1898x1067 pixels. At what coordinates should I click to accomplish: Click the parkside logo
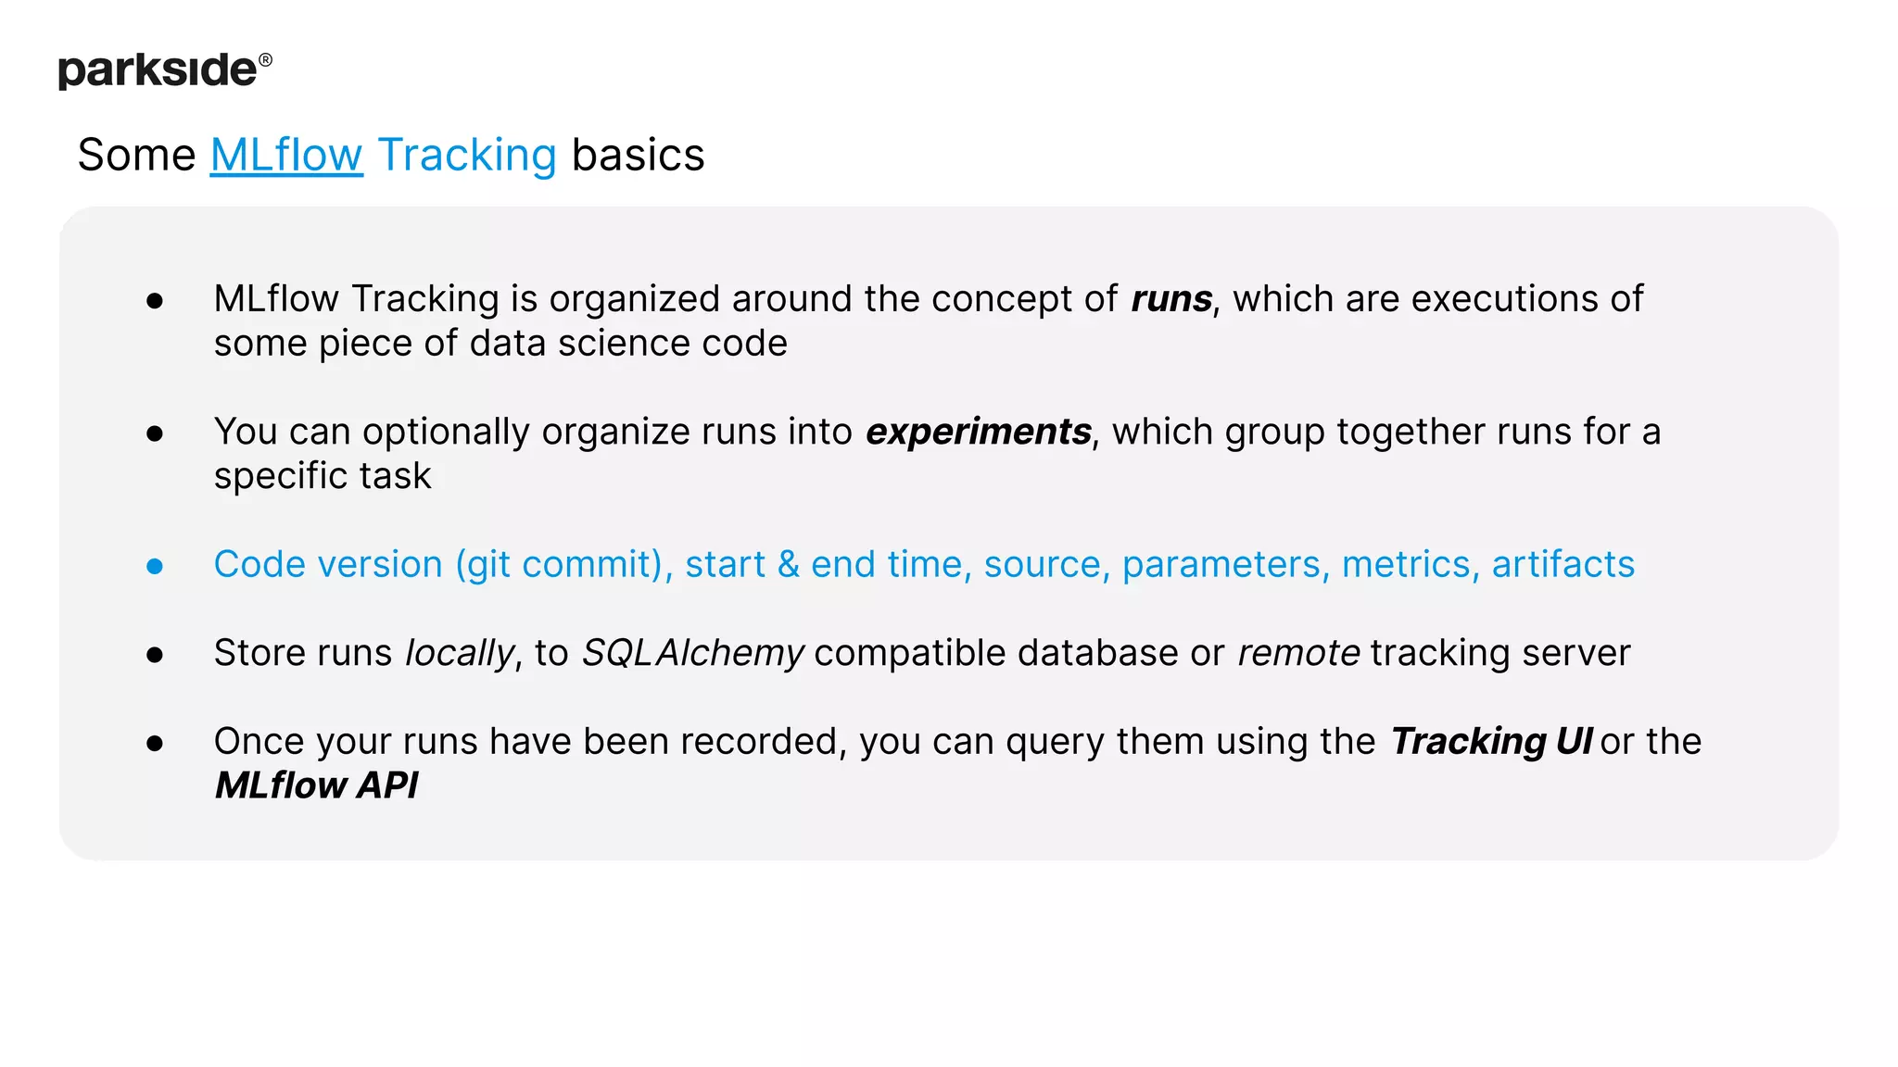tap(158, 70)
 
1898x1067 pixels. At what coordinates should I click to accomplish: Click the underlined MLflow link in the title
tap(286, 155)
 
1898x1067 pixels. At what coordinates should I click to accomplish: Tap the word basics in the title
tap(638, 155)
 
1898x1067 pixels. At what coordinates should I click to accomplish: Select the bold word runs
tap(1170, 299)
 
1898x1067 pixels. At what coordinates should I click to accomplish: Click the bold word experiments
tap(978, 432)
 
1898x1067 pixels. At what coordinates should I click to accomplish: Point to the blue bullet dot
tap(155, 566)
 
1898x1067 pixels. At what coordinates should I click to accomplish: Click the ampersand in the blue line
tap(788, 565)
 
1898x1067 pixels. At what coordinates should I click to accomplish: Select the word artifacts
tap(1563, 565)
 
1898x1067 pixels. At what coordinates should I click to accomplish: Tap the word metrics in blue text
tap(1406, 565)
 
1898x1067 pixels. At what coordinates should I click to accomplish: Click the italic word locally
tap(460, 654)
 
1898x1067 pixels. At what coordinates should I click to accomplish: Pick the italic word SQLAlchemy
tap(692, 654)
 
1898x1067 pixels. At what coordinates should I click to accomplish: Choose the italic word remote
tap(1298, 653)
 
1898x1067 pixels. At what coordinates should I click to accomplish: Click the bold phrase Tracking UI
tap(1490, 742)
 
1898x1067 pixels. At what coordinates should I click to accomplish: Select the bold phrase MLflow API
tap(316, 785)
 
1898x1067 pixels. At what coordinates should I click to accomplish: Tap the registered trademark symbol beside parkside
tap(265, 60)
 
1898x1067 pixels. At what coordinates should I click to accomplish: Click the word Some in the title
tap(136, 155)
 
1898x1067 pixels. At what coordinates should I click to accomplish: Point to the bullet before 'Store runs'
tap(155, 655)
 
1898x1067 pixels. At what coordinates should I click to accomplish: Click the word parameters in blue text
tap(1221, 565)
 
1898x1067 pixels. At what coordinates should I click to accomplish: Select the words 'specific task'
tap(323, 476)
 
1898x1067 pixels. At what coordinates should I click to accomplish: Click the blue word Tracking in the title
tap(466, 155)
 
